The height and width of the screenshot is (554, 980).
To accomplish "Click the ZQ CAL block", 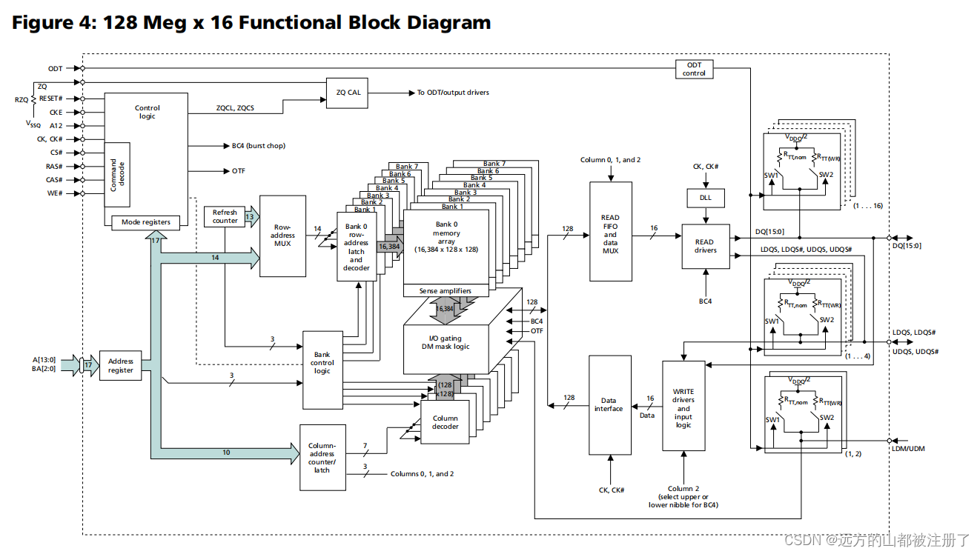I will [348, 93].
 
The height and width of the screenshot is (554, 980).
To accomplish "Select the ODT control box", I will [694, 69].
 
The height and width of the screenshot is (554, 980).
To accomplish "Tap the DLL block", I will [706, 198].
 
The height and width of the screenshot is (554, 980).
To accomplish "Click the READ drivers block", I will [705, 246].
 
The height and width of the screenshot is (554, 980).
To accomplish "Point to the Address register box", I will [120, 366].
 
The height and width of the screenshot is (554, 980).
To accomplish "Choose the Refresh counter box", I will [225, 216].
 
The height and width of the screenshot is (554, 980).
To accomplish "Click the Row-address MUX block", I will [282, 236].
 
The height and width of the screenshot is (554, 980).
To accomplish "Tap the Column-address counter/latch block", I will [322, 457].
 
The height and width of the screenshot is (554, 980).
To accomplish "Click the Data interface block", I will [609, 404].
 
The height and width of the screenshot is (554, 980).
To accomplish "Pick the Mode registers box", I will [146, 221].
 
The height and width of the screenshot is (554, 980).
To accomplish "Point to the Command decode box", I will [116, 175].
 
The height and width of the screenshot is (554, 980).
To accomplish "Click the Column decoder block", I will [445, 422].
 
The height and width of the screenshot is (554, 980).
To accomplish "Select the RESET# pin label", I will [50, 99].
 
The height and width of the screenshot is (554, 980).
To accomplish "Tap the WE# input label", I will [54, 193].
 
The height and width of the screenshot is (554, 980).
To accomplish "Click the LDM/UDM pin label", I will [909, 448].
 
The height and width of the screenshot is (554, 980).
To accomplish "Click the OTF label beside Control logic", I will [238, 171].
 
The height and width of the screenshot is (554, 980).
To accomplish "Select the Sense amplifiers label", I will [445, 290].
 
